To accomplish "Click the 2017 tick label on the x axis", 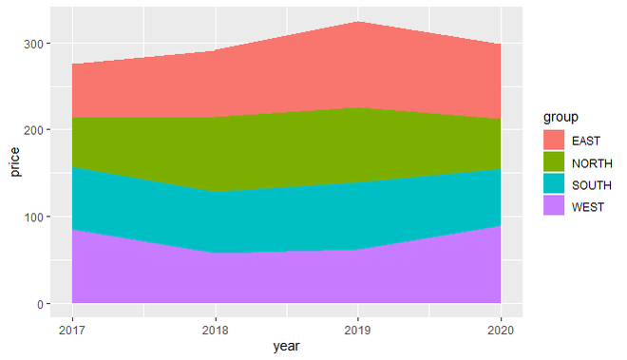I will pyautogui.click(x=72, y=328).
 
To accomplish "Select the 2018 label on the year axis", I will pyautogui.click(x=216, y=328).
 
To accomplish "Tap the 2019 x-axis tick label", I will pyautogui.click(x=358, y=328).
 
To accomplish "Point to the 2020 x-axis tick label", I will pyautogui.click(x=501, y=328).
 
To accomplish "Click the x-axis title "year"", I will pyautogui.click(x=286, y=347).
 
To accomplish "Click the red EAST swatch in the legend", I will pyautogui.click(x=554, y=141).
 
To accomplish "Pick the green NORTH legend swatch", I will pyautogui.click(x=554, y=162).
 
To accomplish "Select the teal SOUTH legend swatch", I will pyautogui.click(x=554, y=184).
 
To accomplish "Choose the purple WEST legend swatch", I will pyautogui.click(x=554, y=206).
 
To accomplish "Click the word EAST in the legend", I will pyautogui.click(x=586, y=141).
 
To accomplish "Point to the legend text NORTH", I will pyautogui.click(x=592, y=162).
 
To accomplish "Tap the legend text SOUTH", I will pyautogui.click(x=592, y=184).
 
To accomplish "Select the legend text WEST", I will pyautogui.click(x=588, y=206).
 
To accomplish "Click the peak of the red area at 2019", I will pyautogui.click(x=358, y=22).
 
